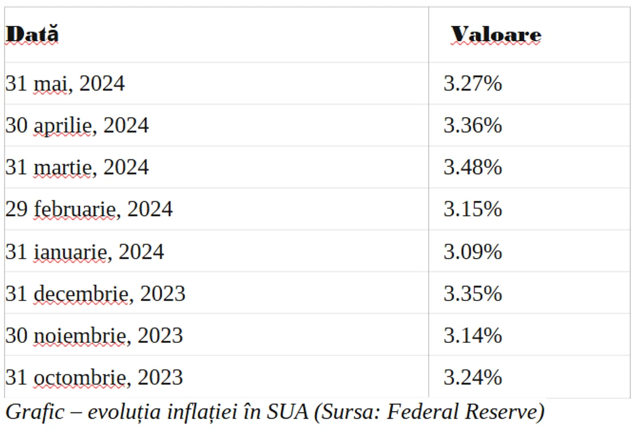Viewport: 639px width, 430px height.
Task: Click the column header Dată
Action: (x=32, y=34)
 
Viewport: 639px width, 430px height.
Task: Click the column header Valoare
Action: (x=496, y=34)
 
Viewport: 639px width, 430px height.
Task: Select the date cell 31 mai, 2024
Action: (x=65, y=84)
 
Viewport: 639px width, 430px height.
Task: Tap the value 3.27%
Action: (x=473, y=84)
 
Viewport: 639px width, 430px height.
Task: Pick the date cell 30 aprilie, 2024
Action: (x=77, y=126)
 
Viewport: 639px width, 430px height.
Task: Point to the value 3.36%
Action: (x=473, y=125)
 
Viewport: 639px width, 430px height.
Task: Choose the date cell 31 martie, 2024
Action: (x=77, y=167)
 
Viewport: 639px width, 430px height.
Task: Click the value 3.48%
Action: (x=473, y=167)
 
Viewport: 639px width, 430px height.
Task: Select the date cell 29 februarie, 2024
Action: (x=89, y=209)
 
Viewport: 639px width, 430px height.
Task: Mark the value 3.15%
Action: (x=473, y=209)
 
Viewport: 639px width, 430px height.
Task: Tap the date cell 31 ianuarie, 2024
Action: (x=85, y=252)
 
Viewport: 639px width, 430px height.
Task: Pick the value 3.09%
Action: (x=473, y=252)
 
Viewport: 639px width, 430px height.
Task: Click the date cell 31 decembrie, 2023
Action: (x=95, y=294)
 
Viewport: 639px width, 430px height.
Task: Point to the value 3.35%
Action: (x=473, y=294)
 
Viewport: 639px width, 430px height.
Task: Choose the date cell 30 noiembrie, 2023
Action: (x=94, y=335)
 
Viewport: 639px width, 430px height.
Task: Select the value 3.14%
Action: (x=473, y=335)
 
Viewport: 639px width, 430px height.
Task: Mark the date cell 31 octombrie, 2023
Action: (x=94, y=377)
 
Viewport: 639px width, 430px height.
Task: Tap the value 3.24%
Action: (x=473, y=377)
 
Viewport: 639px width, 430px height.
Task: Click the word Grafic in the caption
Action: (x=35, y=412)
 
